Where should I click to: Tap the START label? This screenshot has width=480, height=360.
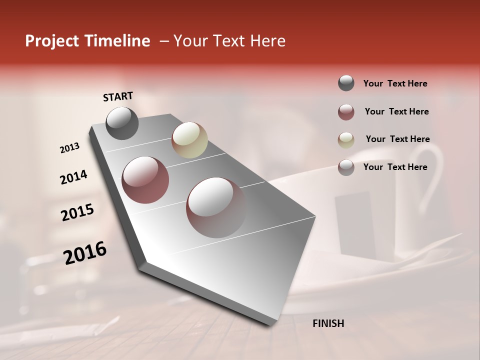pyautogui.click(x=118, y=96)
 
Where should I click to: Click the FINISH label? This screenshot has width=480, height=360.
pyautogui.click(x=328, y=323)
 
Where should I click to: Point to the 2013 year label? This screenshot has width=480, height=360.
pyautogui.click(x=70, y=148)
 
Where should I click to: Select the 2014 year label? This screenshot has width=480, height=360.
pyautogui.click(x=73, y=177)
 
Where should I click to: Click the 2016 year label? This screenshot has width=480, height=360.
pyautogui.click(x=85, y=253)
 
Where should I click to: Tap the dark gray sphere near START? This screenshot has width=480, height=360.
pyautogui.click(x=122, y=123)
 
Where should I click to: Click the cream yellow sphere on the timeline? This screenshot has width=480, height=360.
pyautogui.click(x=189, y=140)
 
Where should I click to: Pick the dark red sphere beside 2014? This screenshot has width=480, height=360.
pyautogui.click(x=145, y=180)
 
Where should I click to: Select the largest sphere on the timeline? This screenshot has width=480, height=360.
pyautogui.click(x=216, y=207)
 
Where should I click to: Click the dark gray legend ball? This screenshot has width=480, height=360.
pyautogui.click(x=346, y=83)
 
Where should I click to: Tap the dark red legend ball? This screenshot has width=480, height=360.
pyautogui.click(x=346, y=112)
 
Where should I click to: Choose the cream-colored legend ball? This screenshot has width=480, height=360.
pyautogui.click(x=346, y=139)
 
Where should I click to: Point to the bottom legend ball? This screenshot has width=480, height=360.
pyautogui.click(x=346, y=167)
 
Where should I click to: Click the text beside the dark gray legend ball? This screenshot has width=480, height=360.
pyautogui.click(x=395, y=84)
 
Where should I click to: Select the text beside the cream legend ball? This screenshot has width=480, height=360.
pyautogui.click(x=397, y=139)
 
